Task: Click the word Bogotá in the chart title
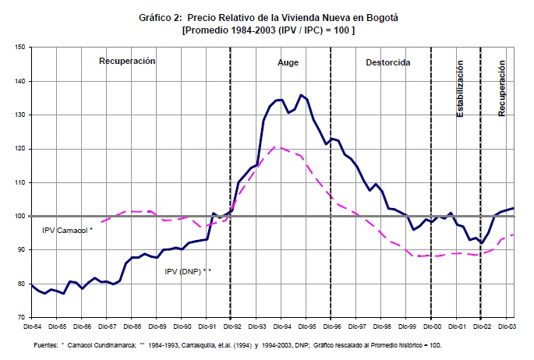(x=377, y=17)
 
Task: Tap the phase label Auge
(x=288, y=62)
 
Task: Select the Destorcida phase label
(x=388, y=62)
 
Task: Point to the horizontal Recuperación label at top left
(x=127, y=61)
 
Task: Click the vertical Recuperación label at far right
(x=502, y=87)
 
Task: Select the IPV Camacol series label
(x=67, y=230)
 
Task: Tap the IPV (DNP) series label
(x=188, y=271)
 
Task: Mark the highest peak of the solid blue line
(x=301, y=95)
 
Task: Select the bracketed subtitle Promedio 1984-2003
(x=268, y=30)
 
